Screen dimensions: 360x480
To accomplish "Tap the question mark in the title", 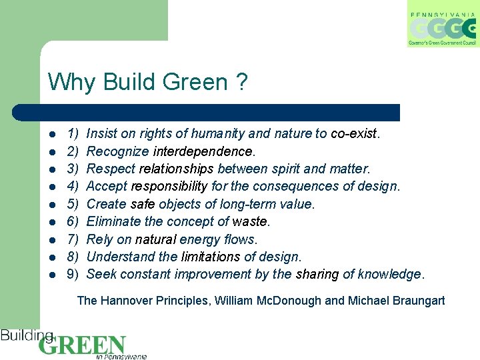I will pos(241,83).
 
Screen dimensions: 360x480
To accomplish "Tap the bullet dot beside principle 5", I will pos(53,205).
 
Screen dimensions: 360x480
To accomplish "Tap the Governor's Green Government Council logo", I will pos(442,25).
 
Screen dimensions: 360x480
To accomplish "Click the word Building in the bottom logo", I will pos(27,335).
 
